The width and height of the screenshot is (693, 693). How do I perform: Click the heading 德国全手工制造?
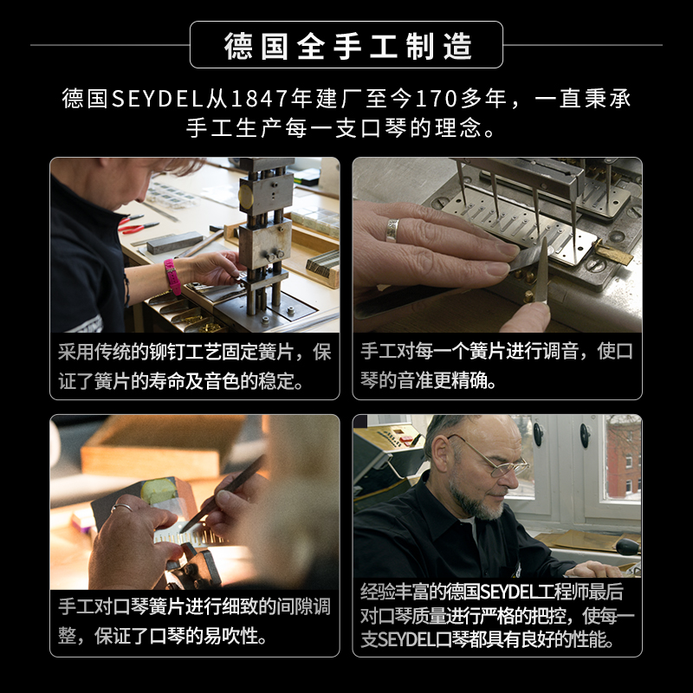click(x=346, y=45)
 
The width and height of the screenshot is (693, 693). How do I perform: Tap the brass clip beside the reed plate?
click(x=612, y=253)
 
